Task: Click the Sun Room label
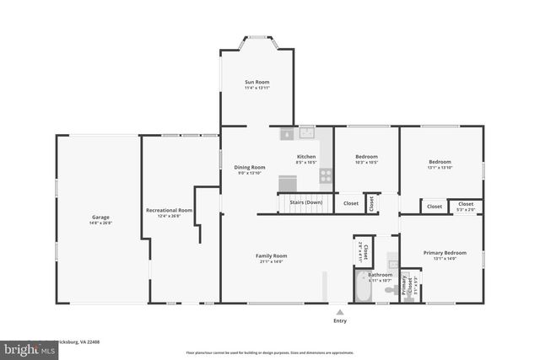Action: pyautogui.click(x=256, y=82)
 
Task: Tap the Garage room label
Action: pyautogui.click(x=101, y=218)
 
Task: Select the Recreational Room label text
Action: pyautogui.click(x=170, y=210)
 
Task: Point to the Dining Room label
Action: pyautogui.click(x=250, y=167)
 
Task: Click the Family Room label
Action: pyautogui.click(x=272, y=255)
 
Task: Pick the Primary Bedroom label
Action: pyautogui.click(x=444, y=253)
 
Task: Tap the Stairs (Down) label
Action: pyautogui.click(x=305, y=203)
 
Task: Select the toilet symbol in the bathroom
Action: pyautogui.click(x=391, y=290)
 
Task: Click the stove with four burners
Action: pyautogui.click(x=326, y=175)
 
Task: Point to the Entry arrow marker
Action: pyautogui.click(x=340, y=311)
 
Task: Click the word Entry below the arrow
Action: pyautogui.click(x=340, y=320)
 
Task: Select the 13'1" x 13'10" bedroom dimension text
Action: pyautogui.click(x=440, y=168)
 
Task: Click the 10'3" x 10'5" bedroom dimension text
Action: pyautogui.click(x=366, y=163)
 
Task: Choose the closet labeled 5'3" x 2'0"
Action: pyautogui.click(x=466, y=206)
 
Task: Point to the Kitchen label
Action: pyautogui.click(x=306, y=157)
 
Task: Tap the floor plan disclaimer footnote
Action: pyautogui.click(x=270, y=352)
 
